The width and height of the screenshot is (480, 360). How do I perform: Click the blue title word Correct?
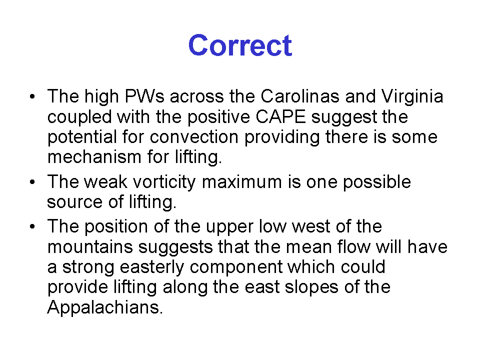pos(240,45)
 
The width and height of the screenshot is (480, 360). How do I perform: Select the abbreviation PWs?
pos(144,96)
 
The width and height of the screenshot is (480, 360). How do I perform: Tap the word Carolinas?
pos(300,96)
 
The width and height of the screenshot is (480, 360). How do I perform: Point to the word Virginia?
pos(412,96)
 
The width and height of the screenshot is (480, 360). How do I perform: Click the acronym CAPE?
pos(280,116)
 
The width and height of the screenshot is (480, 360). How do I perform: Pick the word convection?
pos(194,137)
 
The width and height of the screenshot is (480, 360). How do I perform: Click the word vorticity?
pos(164,182)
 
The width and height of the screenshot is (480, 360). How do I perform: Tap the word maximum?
pos(242,182)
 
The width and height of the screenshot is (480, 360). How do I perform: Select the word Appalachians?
pos(105,307)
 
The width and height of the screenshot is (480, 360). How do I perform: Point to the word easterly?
pos(152,267)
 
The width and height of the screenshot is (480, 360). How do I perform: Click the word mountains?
pos(90,246)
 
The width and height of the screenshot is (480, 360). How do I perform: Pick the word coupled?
pos(79,117)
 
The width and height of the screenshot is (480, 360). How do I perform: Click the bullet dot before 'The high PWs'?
pos(32,97)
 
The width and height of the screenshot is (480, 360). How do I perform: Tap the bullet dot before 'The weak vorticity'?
pos(32,182)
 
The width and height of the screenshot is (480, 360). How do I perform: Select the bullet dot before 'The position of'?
pos(32,227)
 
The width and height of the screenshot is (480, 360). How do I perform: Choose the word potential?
pos(82,137)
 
